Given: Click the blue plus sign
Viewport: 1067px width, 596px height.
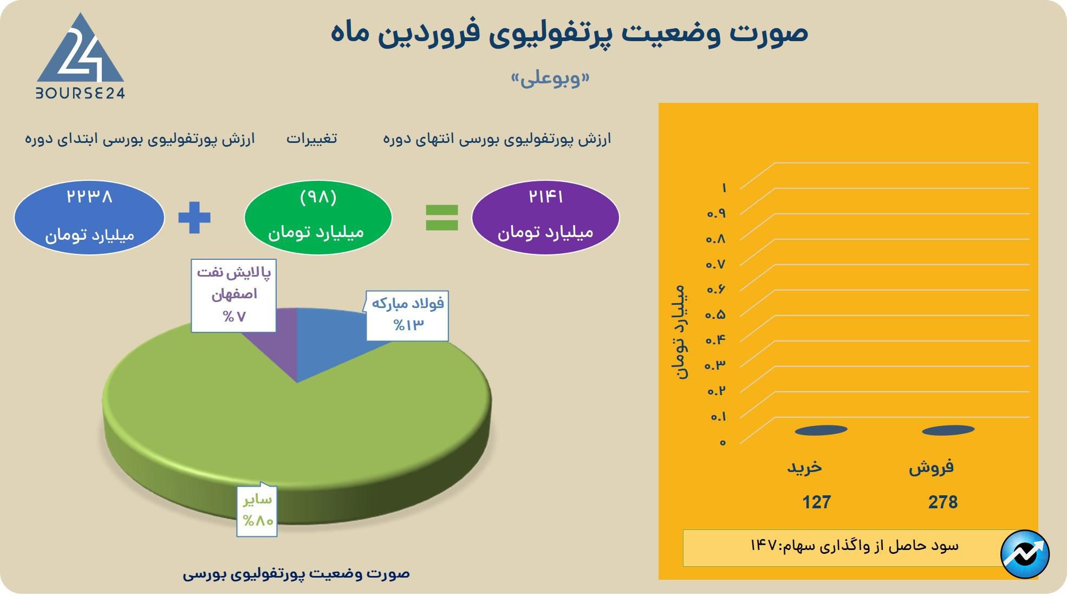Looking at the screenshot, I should pyautogui.click(x=194, y=218).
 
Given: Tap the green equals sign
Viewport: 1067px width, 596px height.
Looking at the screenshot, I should pyautogui.click(x=441, y=218).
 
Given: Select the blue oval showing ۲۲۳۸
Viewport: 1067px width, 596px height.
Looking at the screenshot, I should pyautogui.click(x=89, y=217).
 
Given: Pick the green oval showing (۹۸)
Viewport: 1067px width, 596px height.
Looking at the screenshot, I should pyautogui.click(x=318, y=217).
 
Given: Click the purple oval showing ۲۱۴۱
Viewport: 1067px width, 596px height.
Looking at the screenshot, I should pyautogui.click(x=545, y=217).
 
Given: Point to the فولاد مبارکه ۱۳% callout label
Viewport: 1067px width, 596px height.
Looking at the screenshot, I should pyautogui.click(x=407, y=316).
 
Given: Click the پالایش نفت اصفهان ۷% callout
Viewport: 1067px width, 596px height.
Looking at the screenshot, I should pyautogui.click(x=233, y=295).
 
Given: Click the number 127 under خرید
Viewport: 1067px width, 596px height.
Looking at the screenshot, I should pyautogui.click(x=816, y=502).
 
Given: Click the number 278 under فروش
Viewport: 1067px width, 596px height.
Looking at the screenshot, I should pyautogui.click(x=942, y=502).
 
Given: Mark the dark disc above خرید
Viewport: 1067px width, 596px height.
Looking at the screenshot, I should pyautogui.click(x=821, y=430).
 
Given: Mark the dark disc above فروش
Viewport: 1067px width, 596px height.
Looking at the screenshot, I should pyautogui.click(x=948, y=430).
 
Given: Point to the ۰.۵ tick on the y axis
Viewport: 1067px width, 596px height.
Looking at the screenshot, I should pyautogui.click(x=715, y=315).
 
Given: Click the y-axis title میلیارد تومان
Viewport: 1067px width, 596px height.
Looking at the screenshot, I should pyautogui.click(x=680, y=331).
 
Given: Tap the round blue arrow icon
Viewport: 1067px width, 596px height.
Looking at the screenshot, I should pyautogui.click(x=1025, y=554).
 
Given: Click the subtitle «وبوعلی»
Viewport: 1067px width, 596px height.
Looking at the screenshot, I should pyautogui.click(x=550, y=79).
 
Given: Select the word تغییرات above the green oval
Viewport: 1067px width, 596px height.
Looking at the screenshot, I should pyautogui.click(x=311, y=139).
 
